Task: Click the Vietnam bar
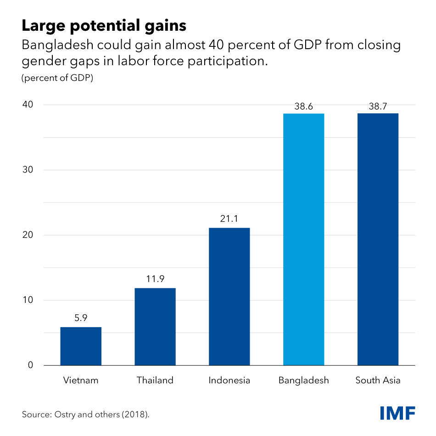[x=81, y=346]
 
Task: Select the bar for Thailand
[x=155, y=326]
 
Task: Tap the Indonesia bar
[x=229, y=296]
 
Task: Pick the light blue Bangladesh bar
[x=304, y=239]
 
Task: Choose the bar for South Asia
[x=378, y=239]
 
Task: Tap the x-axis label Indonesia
[x=229, y=380]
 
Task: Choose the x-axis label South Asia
[x=378, y=380]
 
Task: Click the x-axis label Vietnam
[x=81, y=380]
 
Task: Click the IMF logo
[x=397, y=413]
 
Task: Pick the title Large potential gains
[x=104, y=26]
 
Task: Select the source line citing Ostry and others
[x=86, y=414]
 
